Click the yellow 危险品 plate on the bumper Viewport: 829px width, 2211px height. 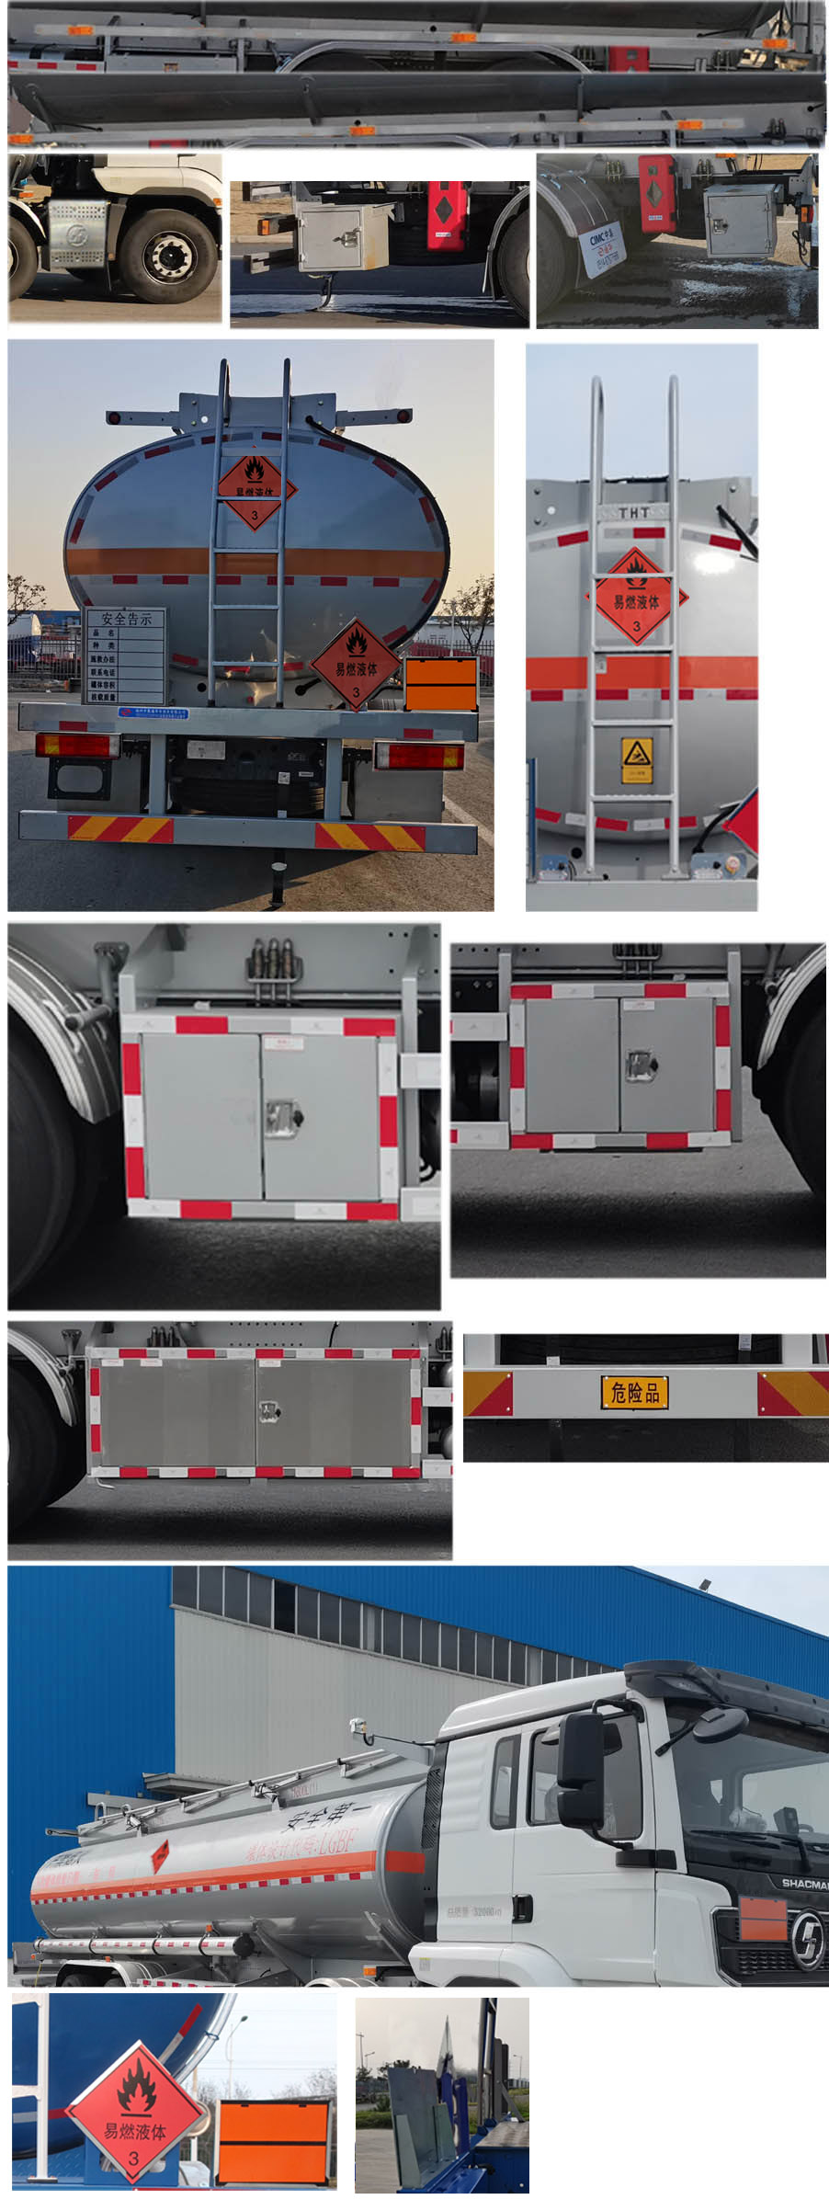click(634, 1393)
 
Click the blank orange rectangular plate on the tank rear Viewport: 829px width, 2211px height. click(441, 684)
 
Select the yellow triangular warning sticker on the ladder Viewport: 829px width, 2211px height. click(636, 756)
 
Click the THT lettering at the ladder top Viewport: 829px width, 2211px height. click(634, 512)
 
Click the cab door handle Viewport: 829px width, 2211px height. click(521, 1908)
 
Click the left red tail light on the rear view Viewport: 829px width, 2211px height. click(77, 745)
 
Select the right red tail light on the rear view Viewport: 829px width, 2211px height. click(419, 756)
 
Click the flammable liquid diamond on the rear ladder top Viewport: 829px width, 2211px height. click(255, 490)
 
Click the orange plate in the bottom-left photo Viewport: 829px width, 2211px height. click(274, 2141)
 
